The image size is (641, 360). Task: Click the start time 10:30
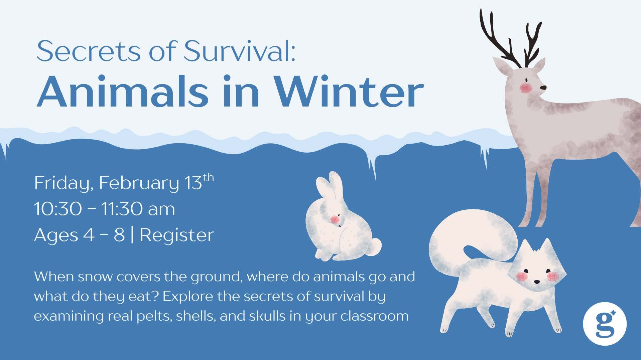[58, 209]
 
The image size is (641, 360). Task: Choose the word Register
[177, 235]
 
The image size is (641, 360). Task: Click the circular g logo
[604, 323]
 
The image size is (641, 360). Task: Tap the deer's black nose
[544, 87]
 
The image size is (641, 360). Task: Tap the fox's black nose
[536, 282]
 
